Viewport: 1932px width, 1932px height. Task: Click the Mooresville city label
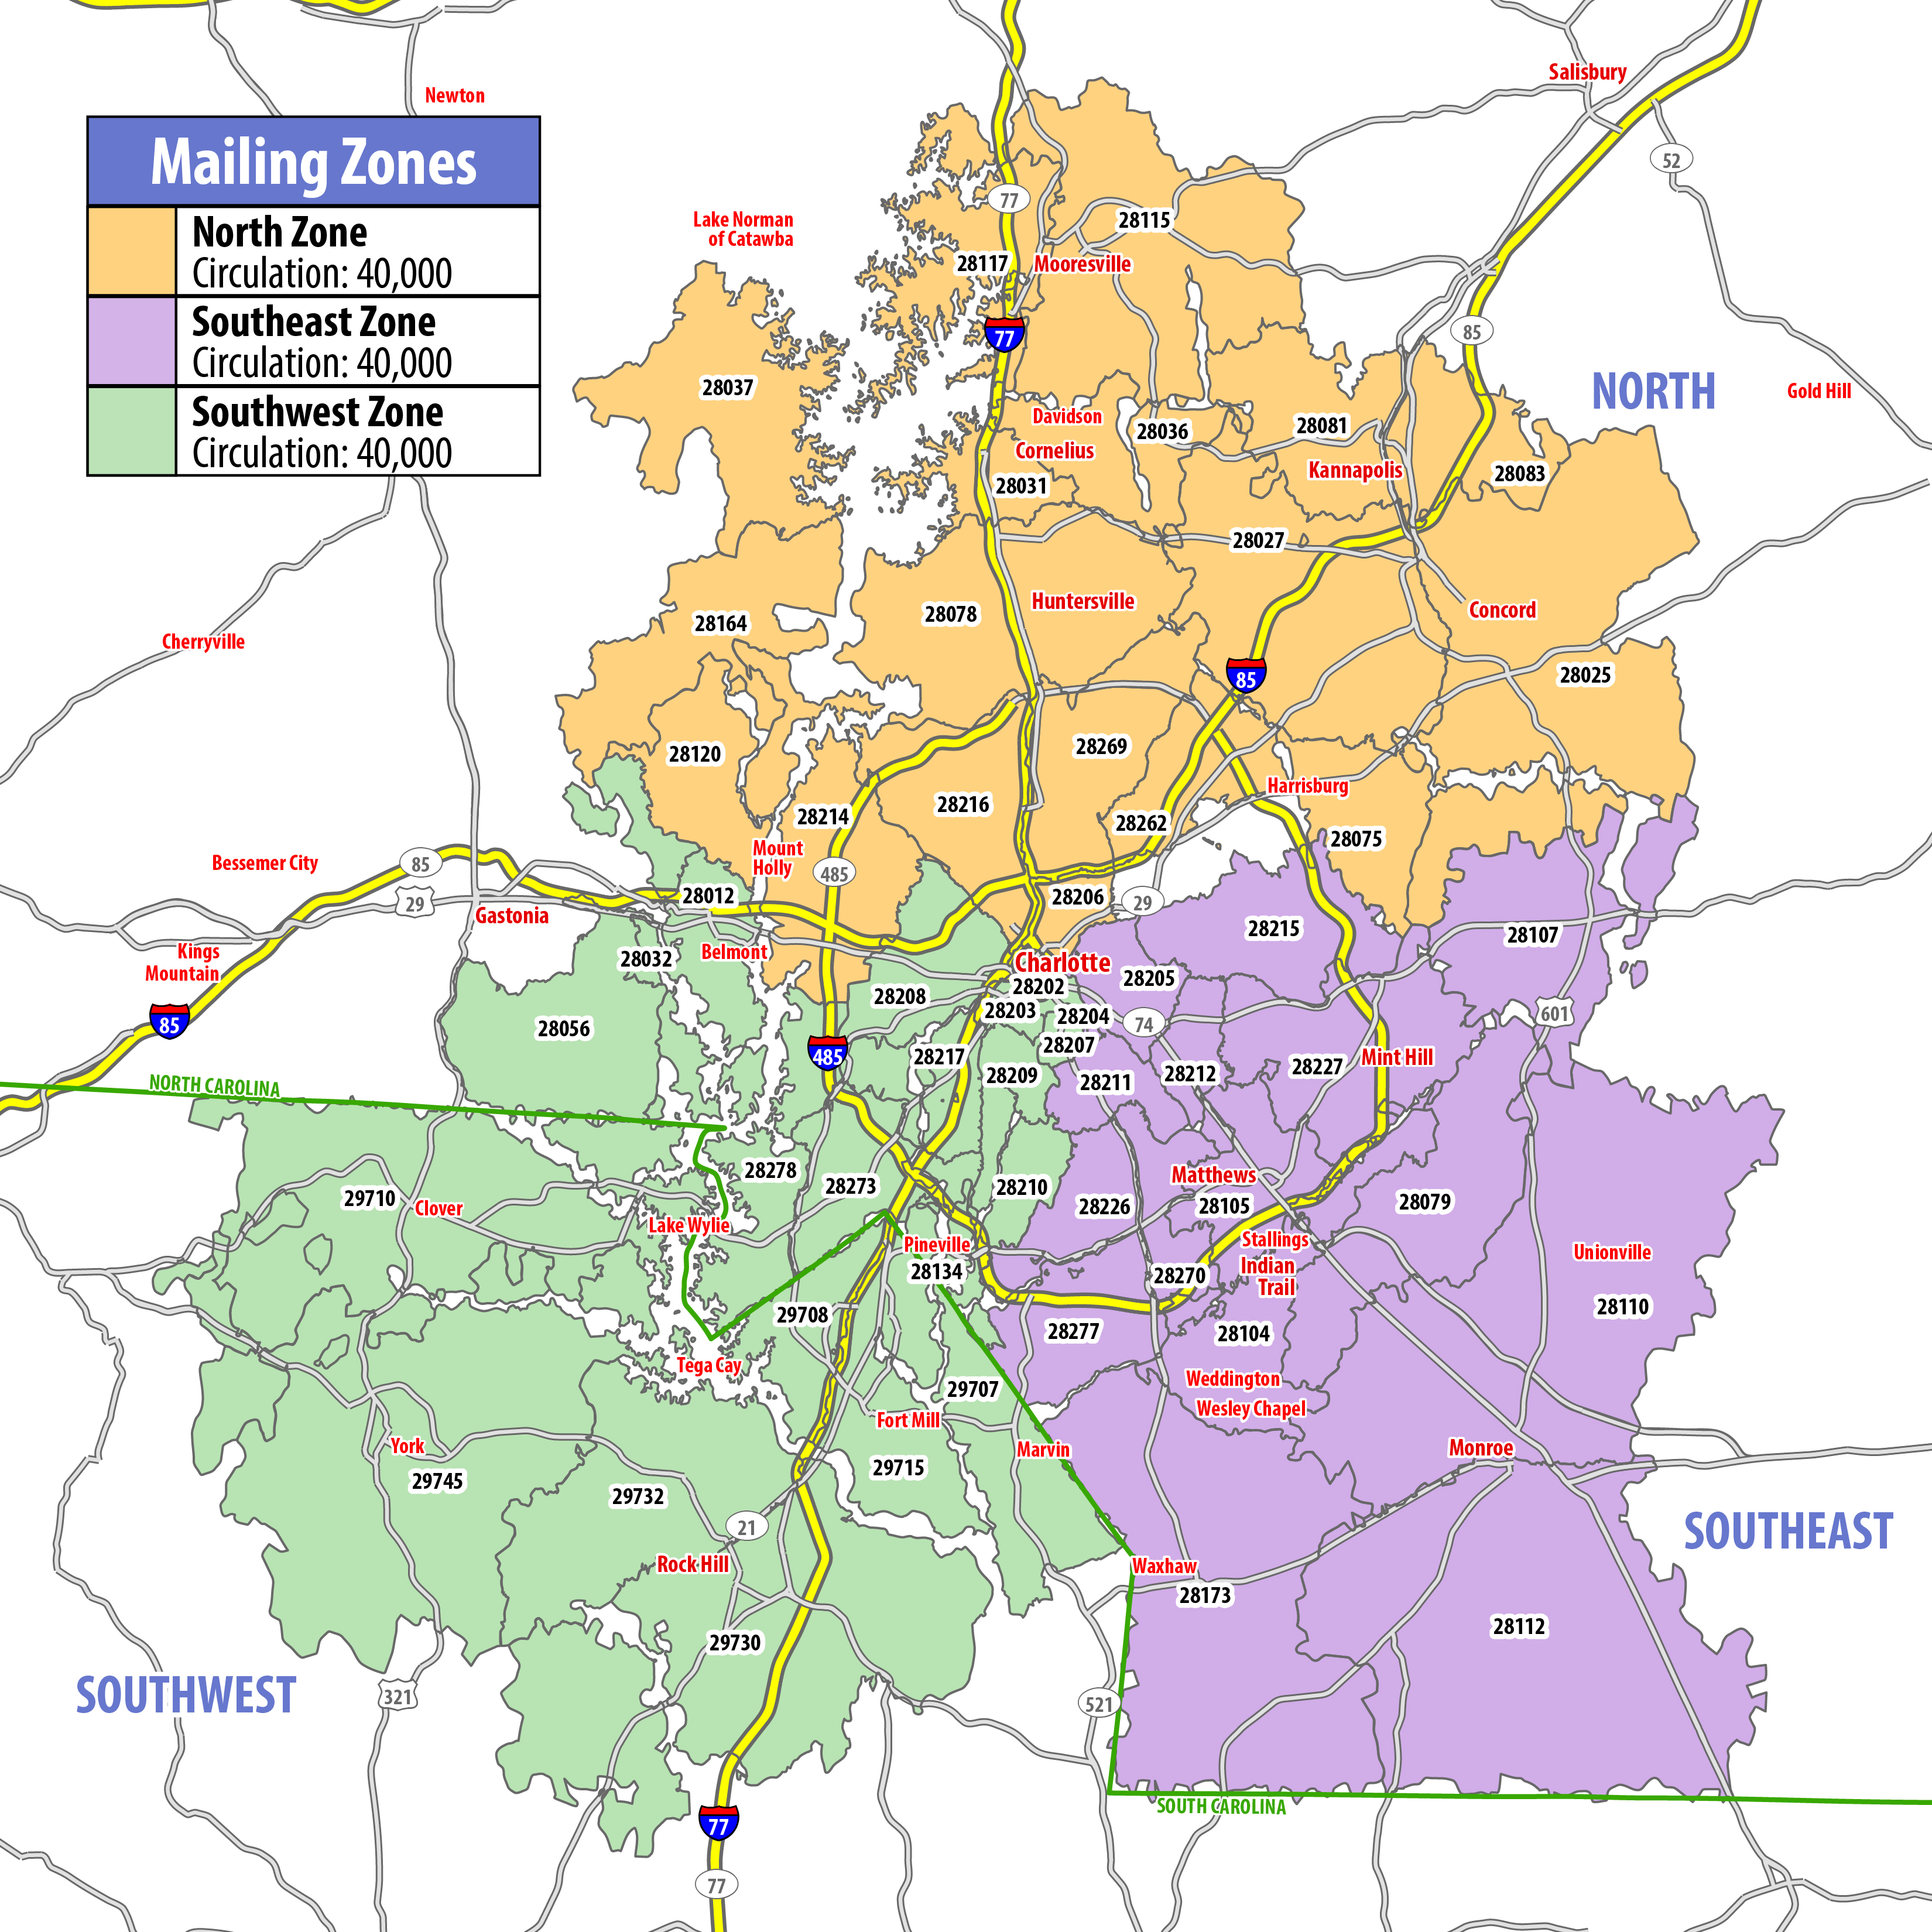1082,264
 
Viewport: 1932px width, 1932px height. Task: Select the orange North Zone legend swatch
132,251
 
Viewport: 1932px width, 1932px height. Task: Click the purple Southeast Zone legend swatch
132,341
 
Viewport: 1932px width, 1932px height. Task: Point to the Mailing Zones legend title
313,162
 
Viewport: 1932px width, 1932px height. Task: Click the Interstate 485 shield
827,1054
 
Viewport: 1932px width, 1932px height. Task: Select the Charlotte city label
1062,962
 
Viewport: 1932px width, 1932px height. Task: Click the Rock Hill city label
692,1564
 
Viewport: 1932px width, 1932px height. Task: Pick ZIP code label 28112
1519,1626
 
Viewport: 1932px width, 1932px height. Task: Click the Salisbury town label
1587,72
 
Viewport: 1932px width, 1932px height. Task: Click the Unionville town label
1612,1252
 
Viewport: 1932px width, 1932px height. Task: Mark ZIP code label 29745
437,1481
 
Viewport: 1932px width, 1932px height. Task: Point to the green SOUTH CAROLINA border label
1221,1806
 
